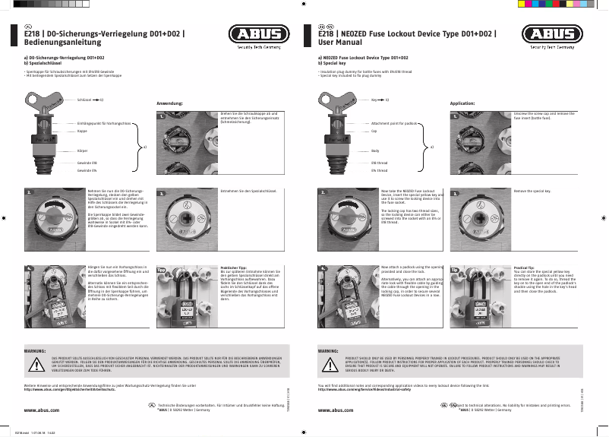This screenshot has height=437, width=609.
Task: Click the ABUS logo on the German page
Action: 258,36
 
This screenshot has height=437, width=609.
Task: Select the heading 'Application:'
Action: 462,103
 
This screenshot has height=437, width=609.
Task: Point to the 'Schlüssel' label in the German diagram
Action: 84,100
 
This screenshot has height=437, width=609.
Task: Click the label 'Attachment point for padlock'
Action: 394,122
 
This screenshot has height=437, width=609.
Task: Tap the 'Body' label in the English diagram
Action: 374,151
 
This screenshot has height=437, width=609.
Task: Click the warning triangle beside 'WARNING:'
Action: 328,365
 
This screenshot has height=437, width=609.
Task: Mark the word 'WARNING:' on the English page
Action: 328,350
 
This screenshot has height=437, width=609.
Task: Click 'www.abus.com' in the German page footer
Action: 43,410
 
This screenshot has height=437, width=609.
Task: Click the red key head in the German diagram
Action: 46,102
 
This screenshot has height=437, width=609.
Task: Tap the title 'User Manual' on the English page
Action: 339,45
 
